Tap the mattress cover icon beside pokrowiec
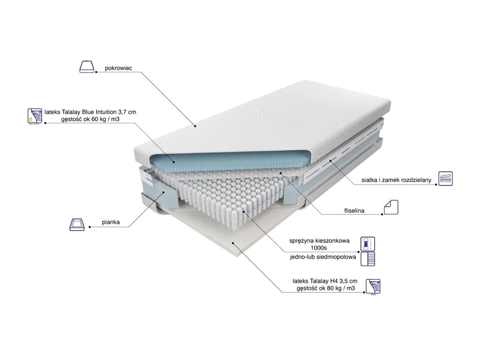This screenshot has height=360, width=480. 88,66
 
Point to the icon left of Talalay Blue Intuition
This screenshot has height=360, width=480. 34,116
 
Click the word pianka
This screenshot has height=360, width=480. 111,224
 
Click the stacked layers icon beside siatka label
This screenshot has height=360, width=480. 445,179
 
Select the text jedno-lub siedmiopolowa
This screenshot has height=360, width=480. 322,257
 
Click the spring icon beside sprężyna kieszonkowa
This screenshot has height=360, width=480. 366,244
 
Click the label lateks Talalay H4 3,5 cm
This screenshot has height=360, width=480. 323,281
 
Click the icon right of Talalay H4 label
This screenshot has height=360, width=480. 373,286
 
